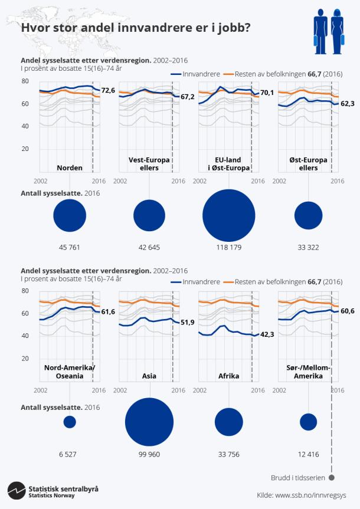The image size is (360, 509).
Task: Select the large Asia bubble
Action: pyautogui.click(x=149, y=422)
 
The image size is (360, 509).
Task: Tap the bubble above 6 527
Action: pyautogui.click(x=70, y=422)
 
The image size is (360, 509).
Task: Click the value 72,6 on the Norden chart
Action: pyautogui.click(x=108, y=90)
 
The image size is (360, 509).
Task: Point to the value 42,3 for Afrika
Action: pyautogui.click(x=267, y=334)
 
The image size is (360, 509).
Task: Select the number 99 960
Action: pyautogui.click(x=149, y=454)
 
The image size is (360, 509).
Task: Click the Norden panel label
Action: pyautogui.click(x=70, y=168)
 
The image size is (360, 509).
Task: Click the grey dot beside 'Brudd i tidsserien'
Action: pyautogui.click(x=332, y=478)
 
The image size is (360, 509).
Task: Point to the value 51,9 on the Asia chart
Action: pyautogui.click(x=188, y=323)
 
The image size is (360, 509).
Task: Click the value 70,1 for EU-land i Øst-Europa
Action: pyautogui.click(x=267, y=93)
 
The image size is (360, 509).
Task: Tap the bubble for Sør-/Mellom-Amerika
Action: pyautogui.click(x=308, y=422)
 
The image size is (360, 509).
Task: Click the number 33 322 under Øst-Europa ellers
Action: pyautogui.click(x=308, y=247)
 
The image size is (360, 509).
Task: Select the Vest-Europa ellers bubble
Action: pyautogui.click(x=149, y=216)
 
